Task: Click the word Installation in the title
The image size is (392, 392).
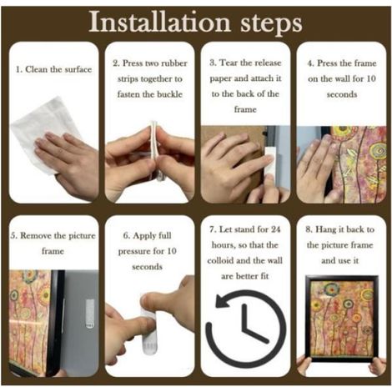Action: coord(159,23)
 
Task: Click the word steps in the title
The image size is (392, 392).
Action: coord(271,24)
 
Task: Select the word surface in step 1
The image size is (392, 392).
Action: coord(78,69)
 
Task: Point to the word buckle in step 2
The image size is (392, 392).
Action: coord(169,94)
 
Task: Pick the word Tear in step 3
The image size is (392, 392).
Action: coord(229,63)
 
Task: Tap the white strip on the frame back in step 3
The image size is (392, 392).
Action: coord(271,161)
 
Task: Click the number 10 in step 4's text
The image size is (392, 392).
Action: coord(370,78)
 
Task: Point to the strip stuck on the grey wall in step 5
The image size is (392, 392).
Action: coord(89,314)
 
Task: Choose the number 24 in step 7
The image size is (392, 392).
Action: coord(275,229)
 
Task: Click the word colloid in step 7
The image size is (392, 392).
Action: coord(220,260)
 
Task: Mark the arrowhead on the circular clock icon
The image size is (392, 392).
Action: coord(224,301)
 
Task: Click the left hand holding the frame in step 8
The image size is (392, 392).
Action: coord(304,366)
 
